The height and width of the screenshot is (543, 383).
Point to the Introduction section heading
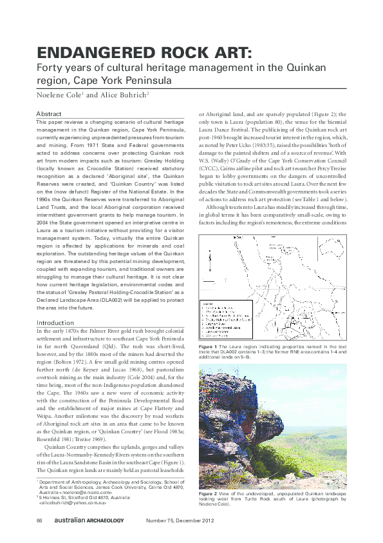tap(55, 322)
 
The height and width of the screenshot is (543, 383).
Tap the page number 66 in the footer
tap(39, 520)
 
